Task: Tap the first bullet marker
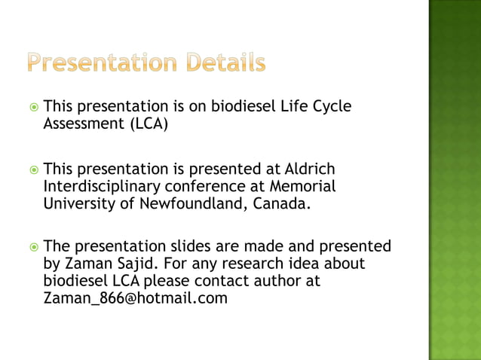point(32,108)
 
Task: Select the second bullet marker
point(32,169)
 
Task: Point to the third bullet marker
point(32,247)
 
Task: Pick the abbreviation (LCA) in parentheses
point(146,124)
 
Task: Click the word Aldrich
point(308,169)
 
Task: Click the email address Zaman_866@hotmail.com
point(136,298)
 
